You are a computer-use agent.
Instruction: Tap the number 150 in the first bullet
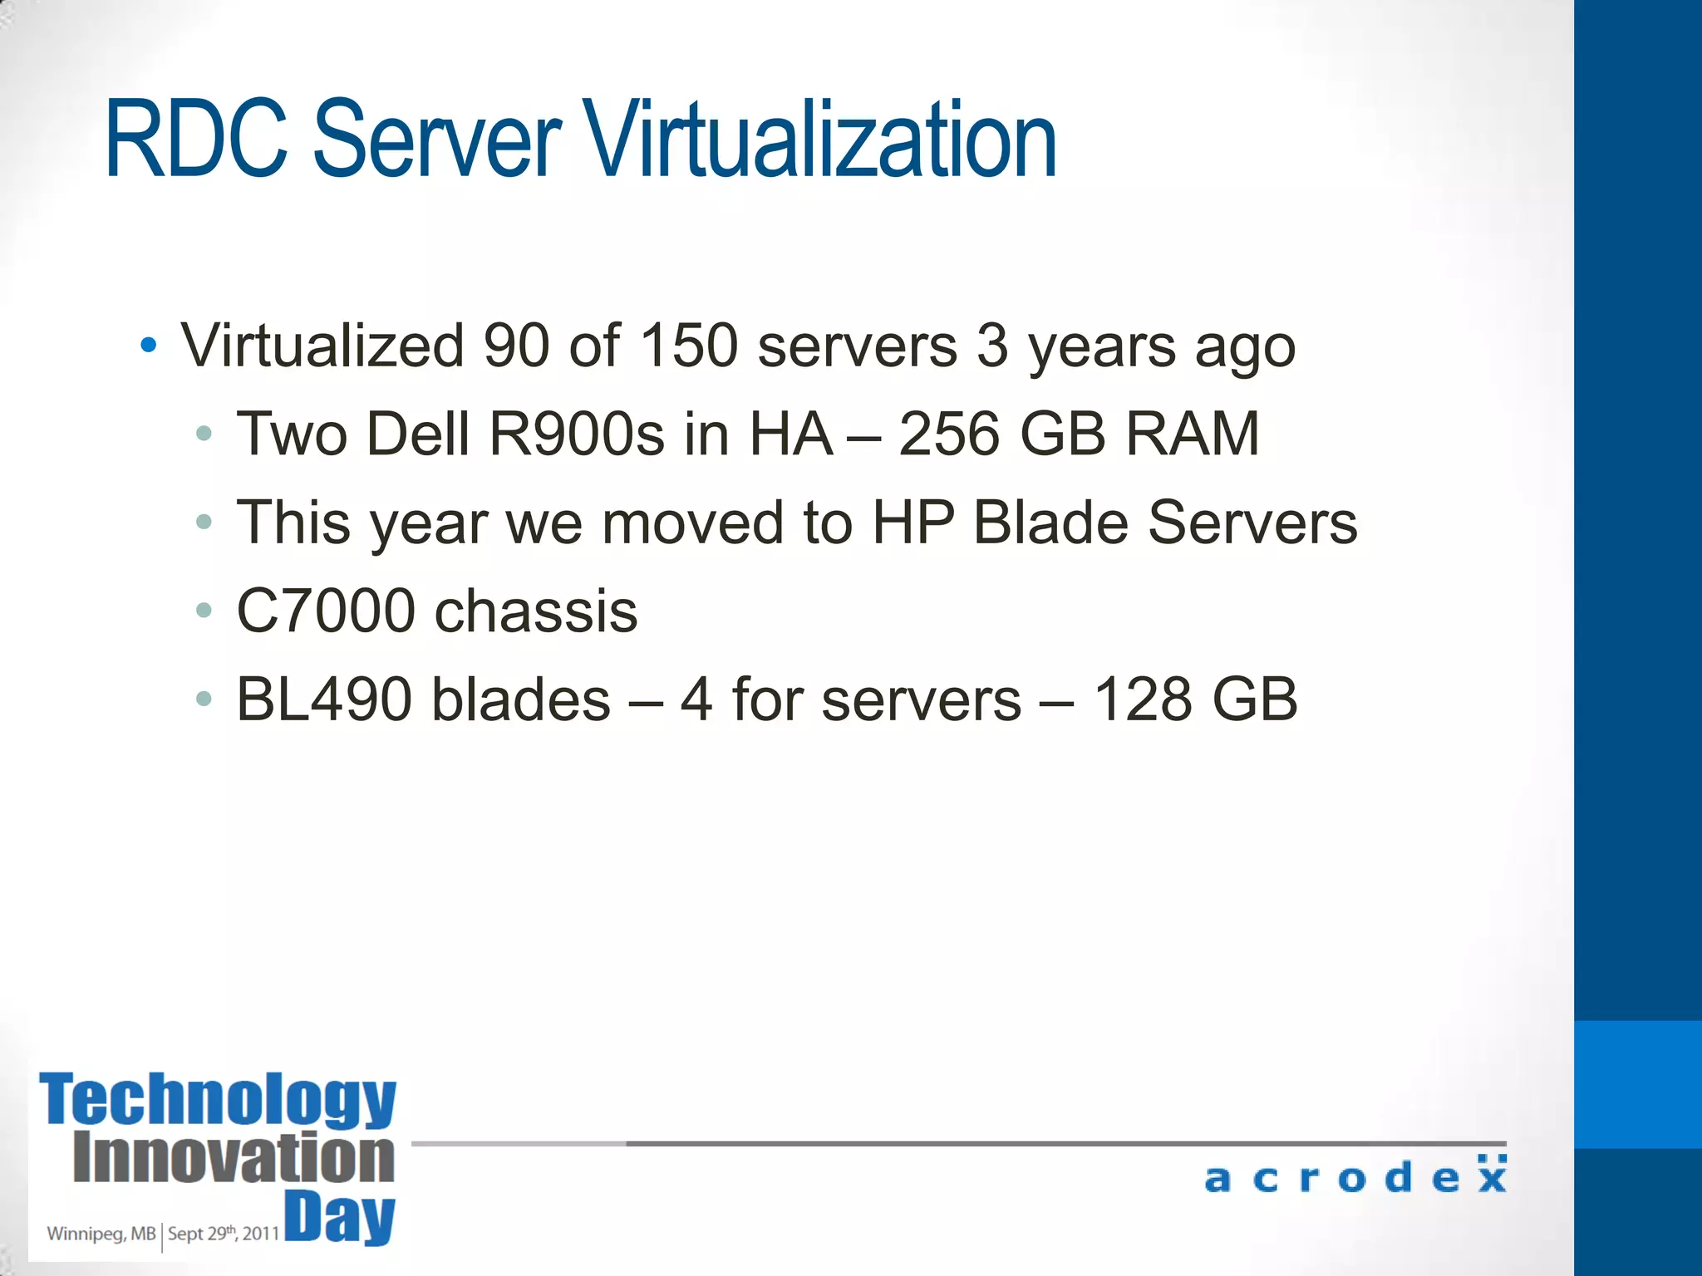(x=689, y=345)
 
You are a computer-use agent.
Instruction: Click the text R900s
(x=577, y=434)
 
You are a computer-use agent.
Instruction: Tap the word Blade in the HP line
(x=1050, y=523)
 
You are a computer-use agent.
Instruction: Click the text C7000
(x=326, y=611)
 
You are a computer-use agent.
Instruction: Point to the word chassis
(x=536, y=611)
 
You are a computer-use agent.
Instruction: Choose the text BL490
(x=324, y=699)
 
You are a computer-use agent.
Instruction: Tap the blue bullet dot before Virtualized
(x=149, y=346)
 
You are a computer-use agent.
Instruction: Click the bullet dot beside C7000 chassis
(x=204, y=611)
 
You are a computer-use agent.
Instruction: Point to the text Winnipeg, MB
(x=101, y=1234)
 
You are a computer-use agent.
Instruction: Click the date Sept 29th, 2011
(x=223, y=1234)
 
